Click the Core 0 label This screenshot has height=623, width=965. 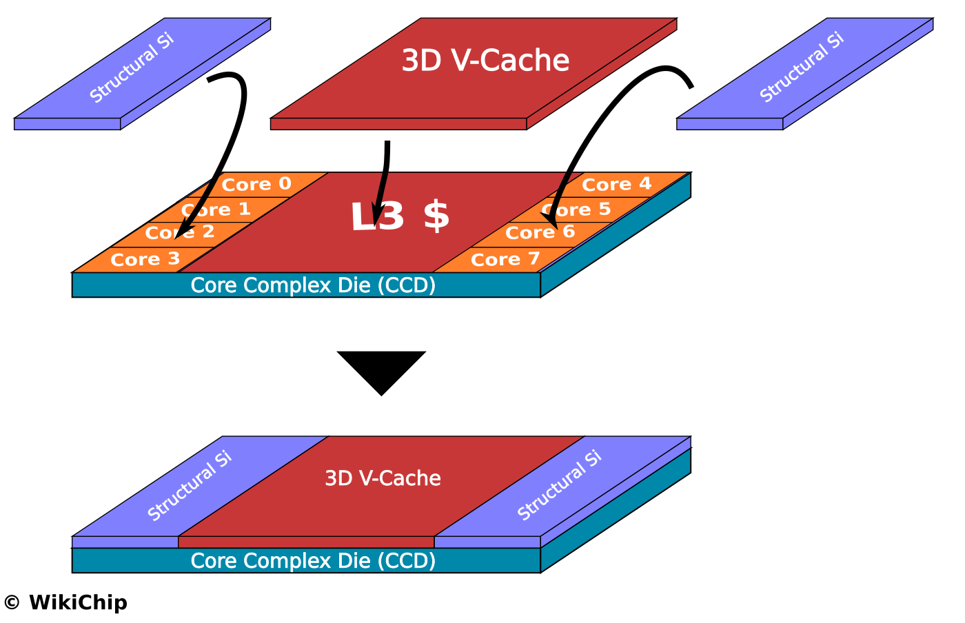[256, 185]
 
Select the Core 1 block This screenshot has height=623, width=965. [216, 210]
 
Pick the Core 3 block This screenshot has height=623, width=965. [145, 260]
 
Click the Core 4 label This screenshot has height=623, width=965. [616, 185]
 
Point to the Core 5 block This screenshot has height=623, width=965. [577, 210]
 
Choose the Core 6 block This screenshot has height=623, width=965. [540, 233]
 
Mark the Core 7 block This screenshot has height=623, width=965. [505, 260]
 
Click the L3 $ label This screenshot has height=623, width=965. [400, 216]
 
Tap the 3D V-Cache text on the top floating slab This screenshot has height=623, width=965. [485, 61]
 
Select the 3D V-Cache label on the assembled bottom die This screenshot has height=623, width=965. [383, 478]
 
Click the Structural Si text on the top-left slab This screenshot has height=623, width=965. [132, 68]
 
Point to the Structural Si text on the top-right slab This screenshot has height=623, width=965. [802, 68]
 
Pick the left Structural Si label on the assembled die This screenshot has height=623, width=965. [190, 486]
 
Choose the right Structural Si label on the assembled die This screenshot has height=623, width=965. [559, 486]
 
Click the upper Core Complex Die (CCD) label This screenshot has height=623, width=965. [313, 285]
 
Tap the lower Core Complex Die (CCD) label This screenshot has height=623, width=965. [313, 561]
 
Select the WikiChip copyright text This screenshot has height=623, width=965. [65, 603]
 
